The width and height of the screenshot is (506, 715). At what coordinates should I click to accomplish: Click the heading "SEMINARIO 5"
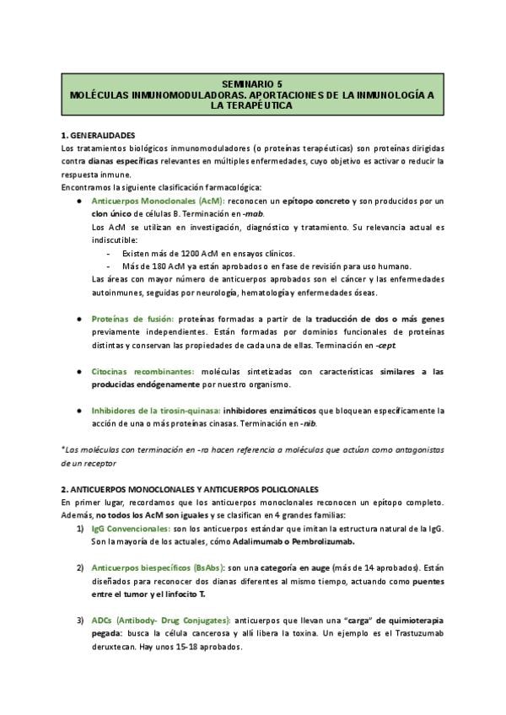click(252, 85)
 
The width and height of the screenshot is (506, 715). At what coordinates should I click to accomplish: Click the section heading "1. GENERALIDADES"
click(100, 135)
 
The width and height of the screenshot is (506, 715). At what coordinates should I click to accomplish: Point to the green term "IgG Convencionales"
click(126, 528)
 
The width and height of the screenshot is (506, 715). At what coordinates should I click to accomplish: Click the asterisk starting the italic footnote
click(63, 449)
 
